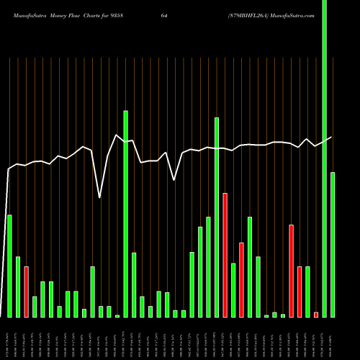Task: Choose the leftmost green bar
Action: [x=9, y=266]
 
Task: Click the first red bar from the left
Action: [x=26, y=292]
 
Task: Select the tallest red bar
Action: [x=225, y=255]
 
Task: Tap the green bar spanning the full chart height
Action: [x=324, y=158]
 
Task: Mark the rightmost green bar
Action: [x=333, y=245]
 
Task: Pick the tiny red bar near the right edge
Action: [x=316, y=315]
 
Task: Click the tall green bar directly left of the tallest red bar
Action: [x=217, y=217]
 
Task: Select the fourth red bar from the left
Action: [x=291, y=271]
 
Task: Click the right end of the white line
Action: [x=332, y=137]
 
